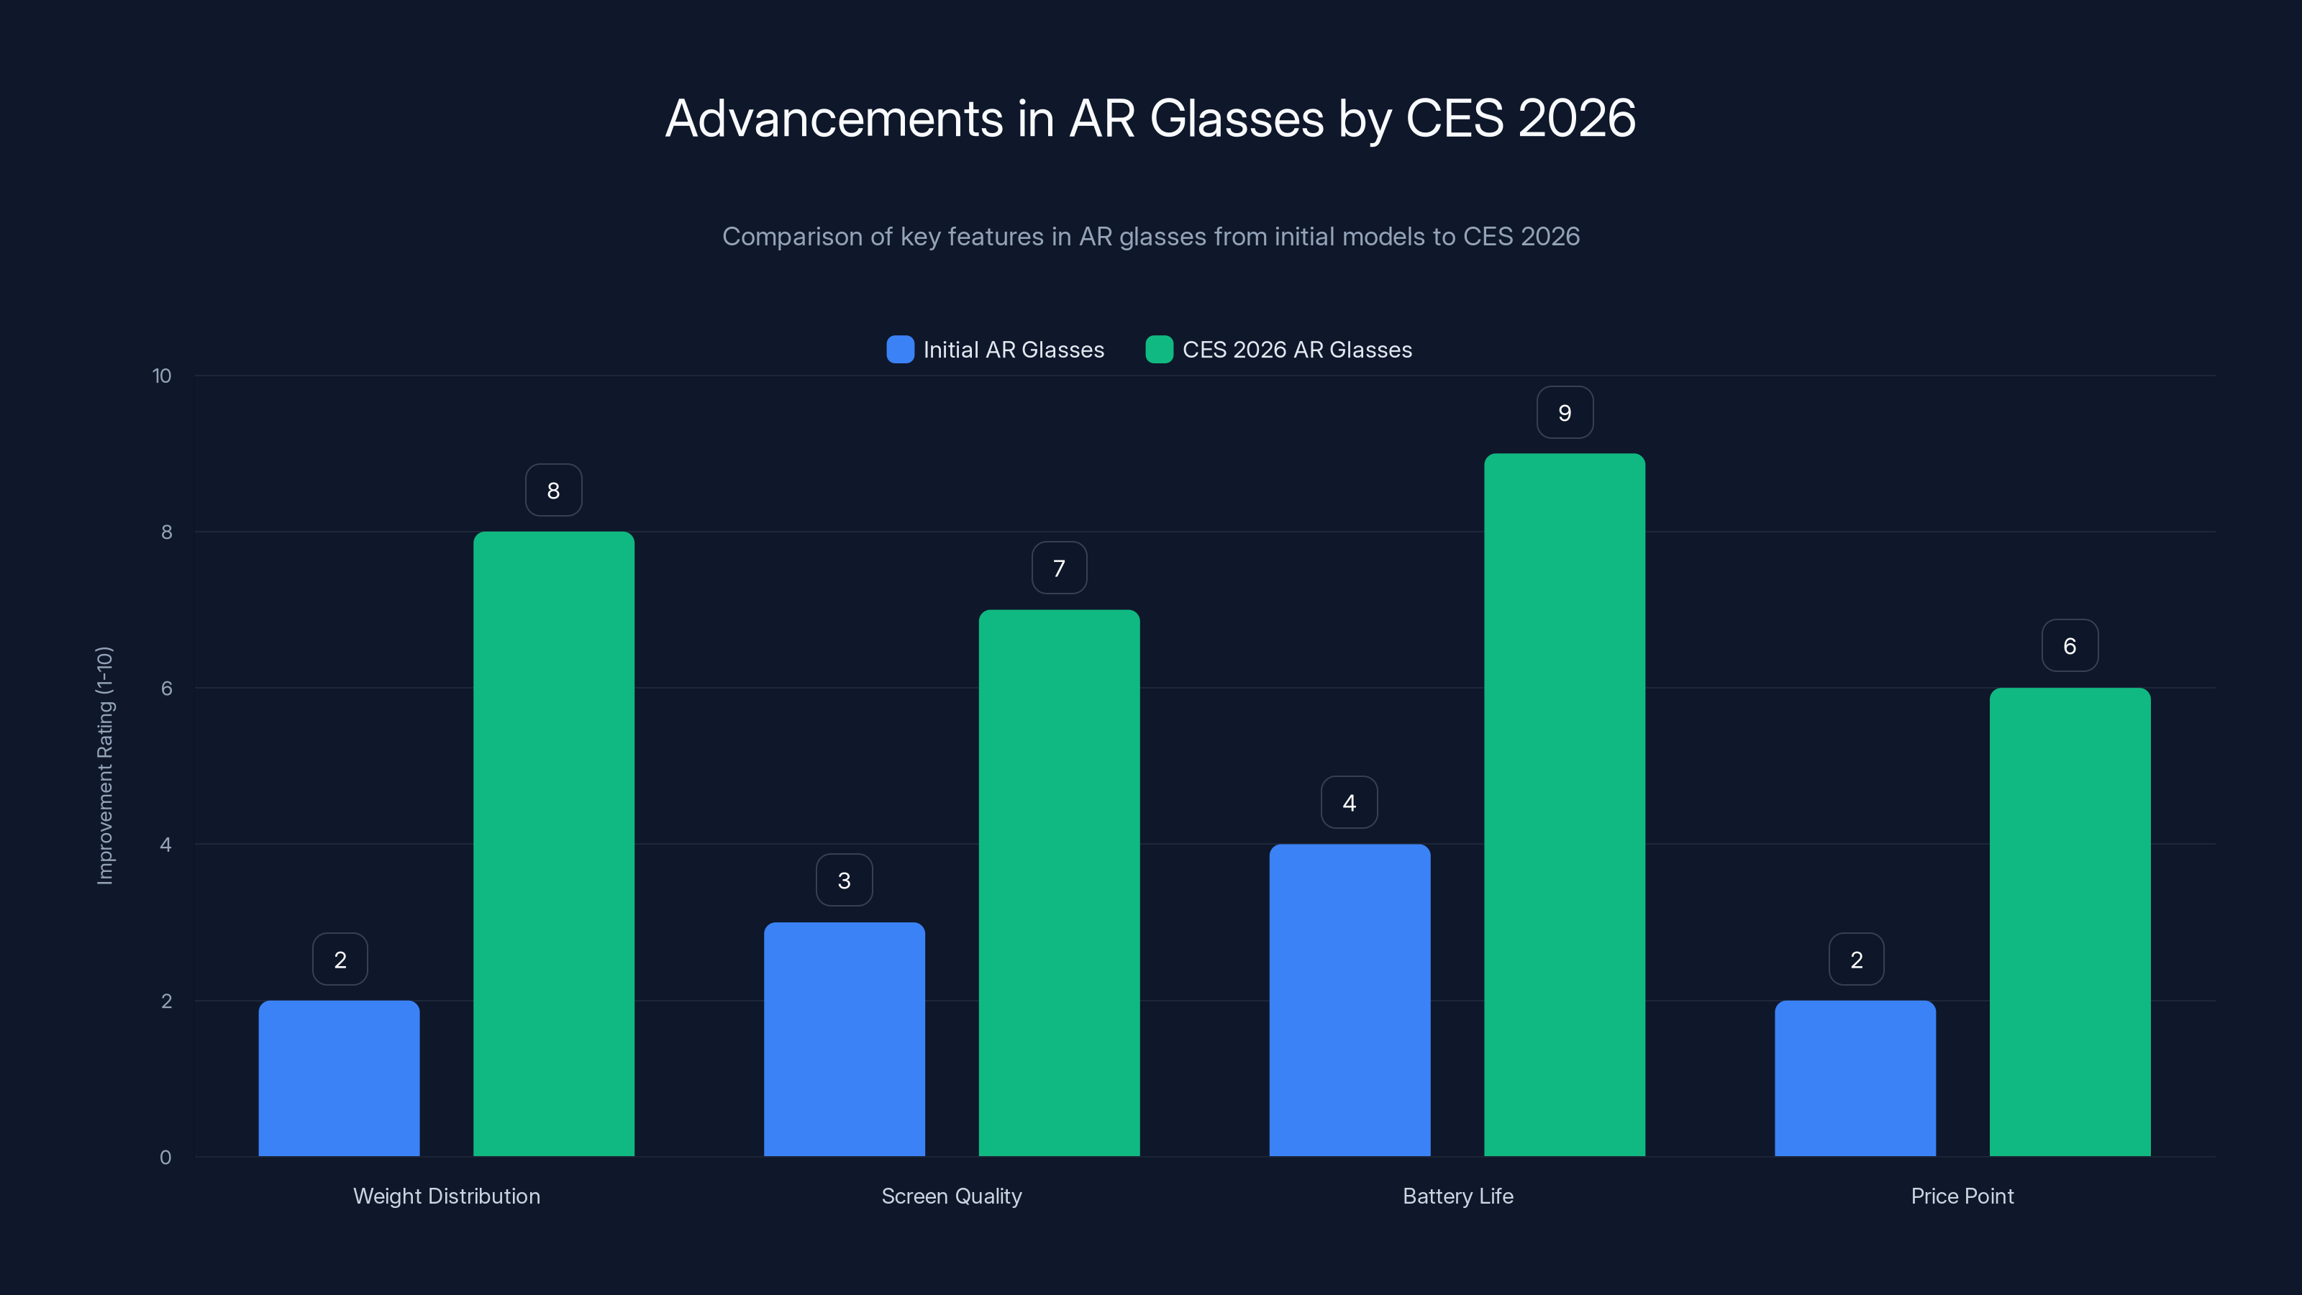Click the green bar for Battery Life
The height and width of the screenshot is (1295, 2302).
(x=1564, y=804)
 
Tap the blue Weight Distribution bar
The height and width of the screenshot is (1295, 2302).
(x=339, y=1078)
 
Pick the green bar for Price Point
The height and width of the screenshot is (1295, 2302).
(x=2070, y=922)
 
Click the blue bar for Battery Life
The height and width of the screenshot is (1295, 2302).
(x=1350, y=1000)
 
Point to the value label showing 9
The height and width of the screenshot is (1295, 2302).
(x=1564, y=413)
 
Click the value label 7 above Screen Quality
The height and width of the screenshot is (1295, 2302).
(x=1059, y=568)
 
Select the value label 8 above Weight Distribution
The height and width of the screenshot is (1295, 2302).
(x=553, y=491)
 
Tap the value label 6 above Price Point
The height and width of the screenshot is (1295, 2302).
(x=2070, y=646)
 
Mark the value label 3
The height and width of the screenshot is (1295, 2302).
(x=844, y=881)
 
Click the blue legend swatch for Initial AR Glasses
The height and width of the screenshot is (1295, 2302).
(x=900, y=350)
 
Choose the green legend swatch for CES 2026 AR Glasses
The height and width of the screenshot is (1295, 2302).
(x=1159, y=350)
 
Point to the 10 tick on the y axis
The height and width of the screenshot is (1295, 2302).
(x=162, y=376)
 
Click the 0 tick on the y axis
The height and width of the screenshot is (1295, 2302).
(x=165, y=1158)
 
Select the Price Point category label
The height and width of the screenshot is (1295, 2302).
(x=1962, y=1196)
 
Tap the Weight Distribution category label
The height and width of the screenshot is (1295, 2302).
(x=446, y=1196)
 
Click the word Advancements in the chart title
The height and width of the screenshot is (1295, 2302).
(x=834, y=119)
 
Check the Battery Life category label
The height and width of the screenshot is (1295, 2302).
(x=1457, y=1196)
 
